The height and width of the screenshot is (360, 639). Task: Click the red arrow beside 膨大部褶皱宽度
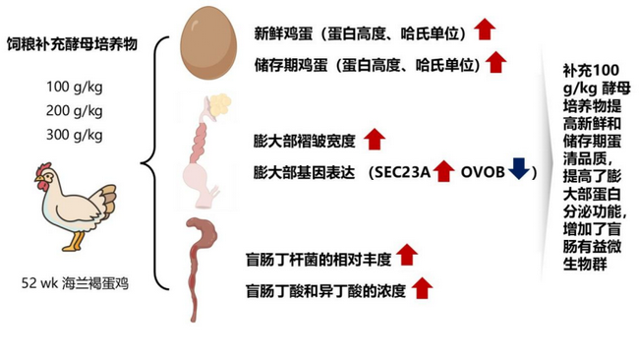tap(373, 138)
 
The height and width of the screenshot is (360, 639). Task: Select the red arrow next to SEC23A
tap(442, 172)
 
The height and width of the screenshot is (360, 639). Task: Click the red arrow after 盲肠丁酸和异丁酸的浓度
tap(422, 288)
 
